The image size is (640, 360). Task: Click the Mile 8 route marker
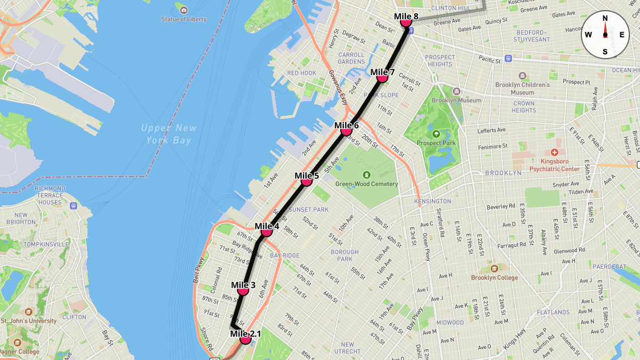tap(405, 22)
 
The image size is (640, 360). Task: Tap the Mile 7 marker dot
tap(382, 77)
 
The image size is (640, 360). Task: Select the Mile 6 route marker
tap(346, 131)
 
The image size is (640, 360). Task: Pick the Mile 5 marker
tap(306, 181)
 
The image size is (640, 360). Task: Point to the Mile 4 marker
tap(267, 231)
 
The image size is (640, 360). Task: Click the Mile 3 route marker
tap(243, 290)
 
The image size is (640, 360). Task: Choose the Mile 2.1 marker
tap(245, 339)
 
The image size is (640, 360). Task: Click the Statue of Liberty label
tap(183, 19)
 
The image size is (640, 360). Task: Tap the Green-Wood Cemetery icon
tap(366, 175)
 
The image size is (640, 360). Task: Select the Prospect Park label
tap(436, 143)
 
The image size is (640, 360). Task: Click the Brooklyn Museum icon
tap(456, 91)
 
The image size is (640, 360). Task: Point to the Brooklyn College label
tap(494, 277)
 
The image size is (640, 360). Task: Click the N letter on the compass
tap(605, 18)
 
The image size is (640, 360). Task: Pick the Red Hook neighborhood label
tap(302, 73)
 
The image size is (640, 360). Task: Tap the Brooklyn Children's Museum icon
tap(522, 76)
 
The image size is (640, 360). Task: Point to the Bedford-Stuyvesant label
tap(531, 36)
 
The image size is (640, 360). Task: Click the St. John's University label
tap(29, 321)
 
